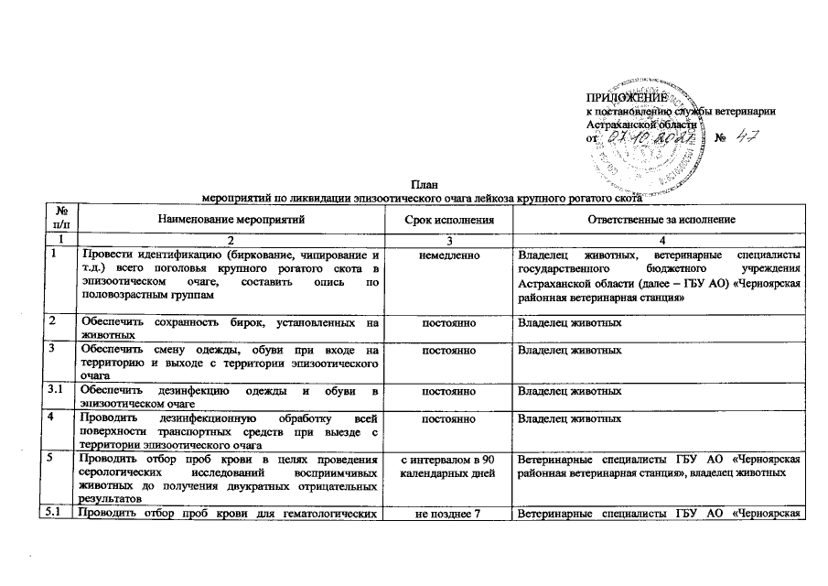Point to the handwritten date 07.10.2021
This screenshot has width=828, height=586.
click(x=654, y=137)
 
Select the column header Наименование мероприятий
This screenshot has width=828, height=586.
click(x=230, y=221)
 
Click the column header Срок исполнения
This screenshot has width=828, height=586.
click(x=448, y=221)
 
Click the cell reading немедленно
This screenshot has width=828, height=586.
click(x=448, y=255)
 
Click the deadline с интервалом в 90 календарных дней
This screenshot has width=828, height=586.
click(x=448, y=465)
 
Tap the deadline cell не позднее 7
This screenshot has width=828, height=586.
click(x=448, y=513)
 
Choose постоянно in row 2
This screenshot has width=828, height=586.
click(x=448, y=323)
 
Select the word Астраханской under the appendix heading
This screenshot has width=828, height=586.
click(x=621, y=125)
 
